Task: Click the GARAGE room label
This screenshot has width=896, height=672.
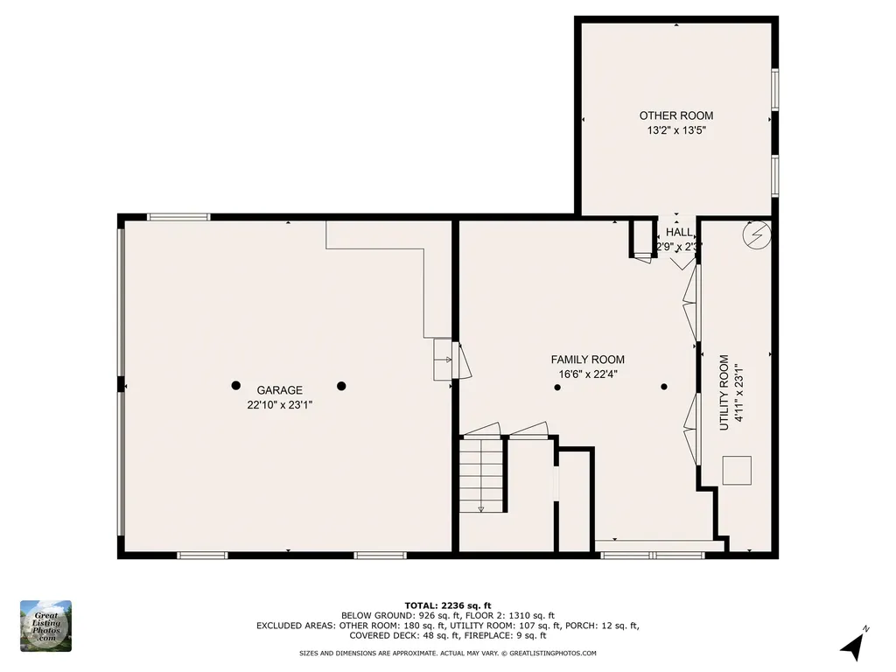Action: [x=279, y=390]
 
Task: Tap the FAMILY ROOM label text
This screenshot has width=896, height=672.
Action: [x=587, y=360]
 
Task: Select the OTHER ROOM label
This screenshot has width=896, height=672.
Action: [x=676, y=115]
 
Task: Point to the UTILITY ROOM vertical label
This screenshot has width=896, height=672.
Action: [x=724, y=393]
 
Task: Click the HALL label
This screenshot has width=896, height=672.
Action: [x=679, y=232]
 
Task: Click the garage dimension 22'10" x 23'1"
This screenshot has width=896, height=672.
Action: [x=279, y=405]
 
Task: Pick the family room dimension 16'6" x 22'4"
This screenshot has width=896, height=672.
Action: [x=587, y=374]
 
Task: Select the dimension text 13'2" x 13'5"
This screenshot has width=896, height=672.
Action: [x=676, y=130]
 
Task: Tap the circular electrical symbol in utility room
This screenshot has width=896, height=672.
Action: [x=757, y=234]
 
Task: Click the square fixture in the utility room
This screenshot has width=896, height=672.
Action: [x=737, y=470]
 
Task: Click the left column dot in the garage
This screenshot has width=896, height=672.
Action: [x=236, y=386]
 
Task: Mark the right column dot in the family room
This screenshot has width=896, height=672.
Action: [x=664, y=387]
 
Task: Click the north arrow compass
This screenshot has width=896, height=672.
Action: [x=852, y=647]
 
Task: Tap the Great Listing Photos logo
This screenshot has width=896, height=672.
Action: [x=45, y=626]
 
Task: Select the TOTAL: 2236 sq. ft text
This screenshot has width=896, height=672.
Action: [x=448, y=605]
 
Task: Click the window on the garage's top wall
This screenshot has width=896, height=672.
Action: [x=178, y=217]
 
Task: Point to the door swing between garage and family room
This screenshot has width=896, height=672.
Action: [x=462, y=360]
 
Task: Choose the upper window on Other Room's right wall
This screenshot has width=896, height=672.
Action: [x=775, y=89]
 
